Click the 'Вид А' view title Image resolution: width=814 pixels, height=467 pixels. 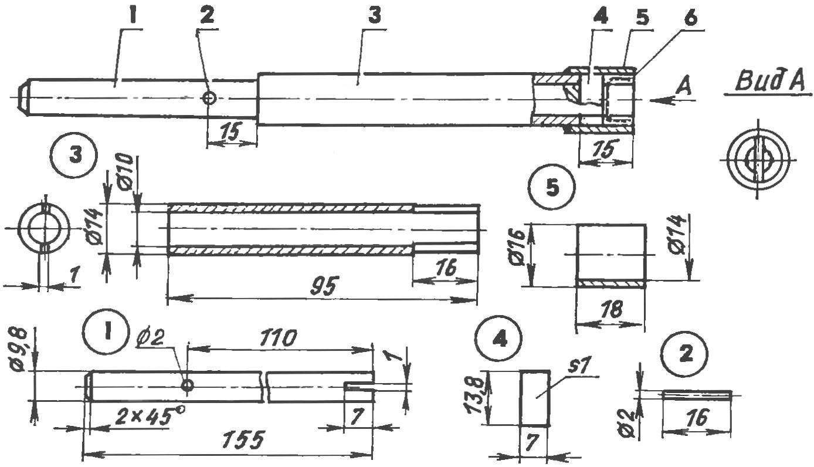pyautogui.click(x=769, y=82)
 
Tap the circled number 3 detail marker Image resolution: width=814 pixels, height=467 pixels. pyautogui.click(x=74, y=155)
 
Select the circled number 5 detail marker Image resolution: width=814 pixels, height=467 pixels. pyautogui.click(x=552, y=188)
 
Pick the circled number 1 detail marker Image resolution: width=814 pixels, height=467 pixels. pyautogui.click(x=106, y=332)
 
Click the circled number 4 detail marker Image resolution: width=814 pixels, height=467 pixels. pyautogui.click(x=500, y=340)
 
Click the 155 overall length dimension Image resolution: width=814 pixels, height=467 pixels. pyautogui.click(x=242, y=440)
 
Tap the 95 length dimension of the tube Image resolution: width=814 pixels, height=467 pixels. pyautogui.click(x=324, y=287)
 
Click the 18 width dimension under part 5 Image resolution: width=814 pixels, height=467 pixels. pyautogui.click(x=612, y=310)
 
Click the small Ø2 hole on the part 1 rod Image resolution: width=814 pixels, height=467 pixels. pyautogui.click(x=188, y=385)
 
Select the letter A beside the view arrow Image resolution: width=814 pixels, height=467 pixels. pyautogui.click(x=684, y=87)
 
